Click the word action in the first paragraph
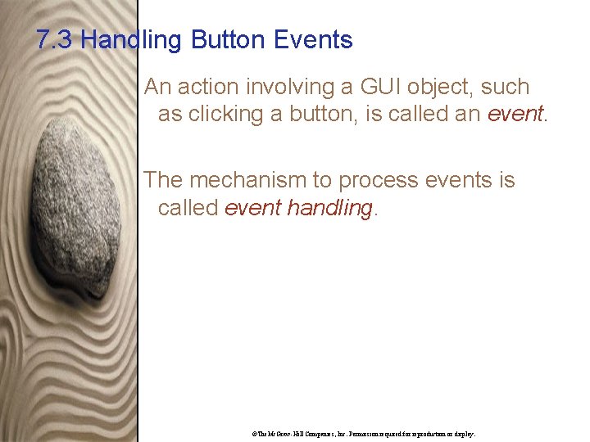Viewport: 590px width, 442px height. click(203, 87)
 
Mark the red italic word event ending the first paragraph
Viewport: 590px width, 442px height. click(515, 114)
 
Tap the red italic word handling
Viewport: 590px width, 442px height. click(333, 208)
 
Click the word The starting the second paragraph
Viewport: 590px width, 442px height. click(165, 180)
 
